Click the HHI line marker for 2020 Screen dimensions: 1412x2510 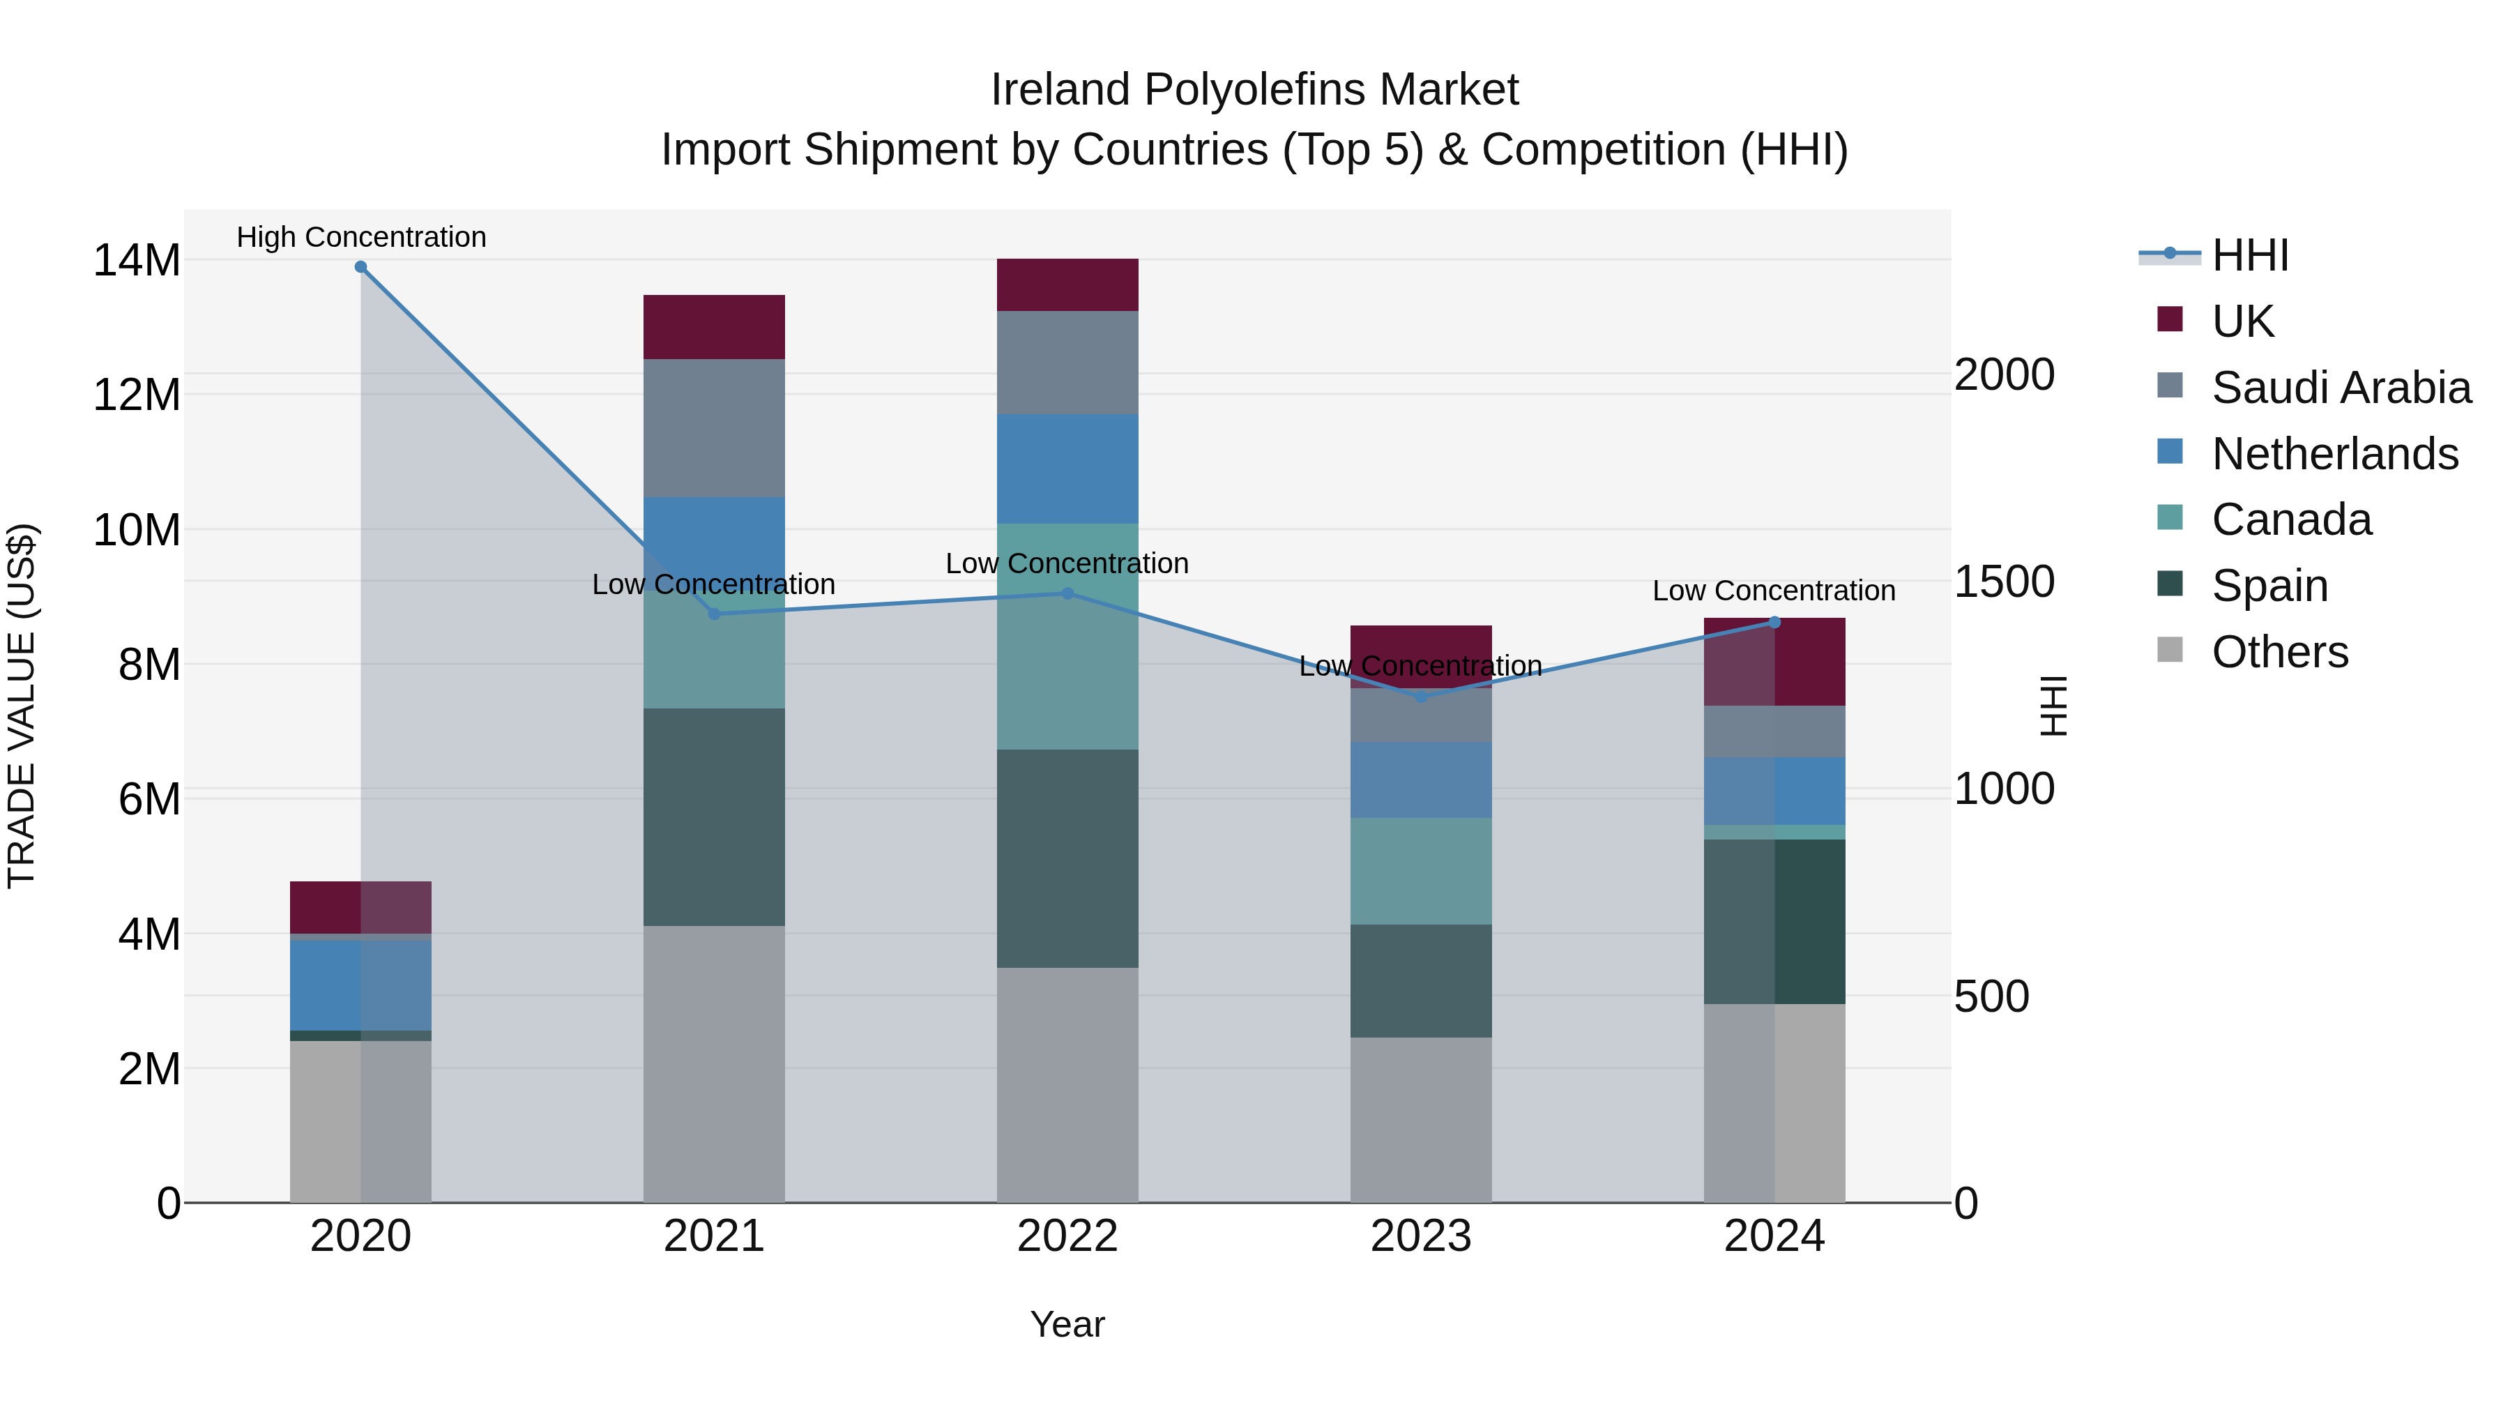point(360,267)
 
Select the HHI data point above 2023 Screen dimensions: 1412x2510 point(1421,697)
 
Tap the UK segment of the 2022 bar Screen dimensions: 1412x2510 point(1067,284)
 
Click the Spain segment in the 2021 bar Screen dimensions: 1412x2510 point(713,817)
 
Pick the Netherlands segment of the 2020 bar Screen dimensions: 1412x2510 point(360,984)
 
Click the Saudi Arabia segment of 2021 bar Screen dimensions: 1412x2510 point(713,428)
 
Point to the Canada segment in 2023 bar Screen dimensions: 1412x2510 point(1421,871)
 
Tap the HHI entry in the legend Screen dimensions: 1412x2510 point(2249,255)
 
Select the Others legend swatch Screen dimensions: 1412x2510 point(2170,650)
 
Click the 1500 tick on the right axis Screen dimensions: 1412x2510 point(2005,582)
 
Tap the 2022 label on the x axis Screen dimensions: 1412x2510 point(1067,1236)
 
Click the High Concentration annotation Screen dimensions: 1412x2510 point(360,237)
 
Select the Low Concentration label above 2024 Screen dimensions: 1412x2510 point(1773,591)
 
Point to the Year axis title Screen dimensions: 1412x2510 point(1067,1324)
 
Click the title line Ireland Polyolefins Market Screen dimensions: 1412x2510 point(1254,90)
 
